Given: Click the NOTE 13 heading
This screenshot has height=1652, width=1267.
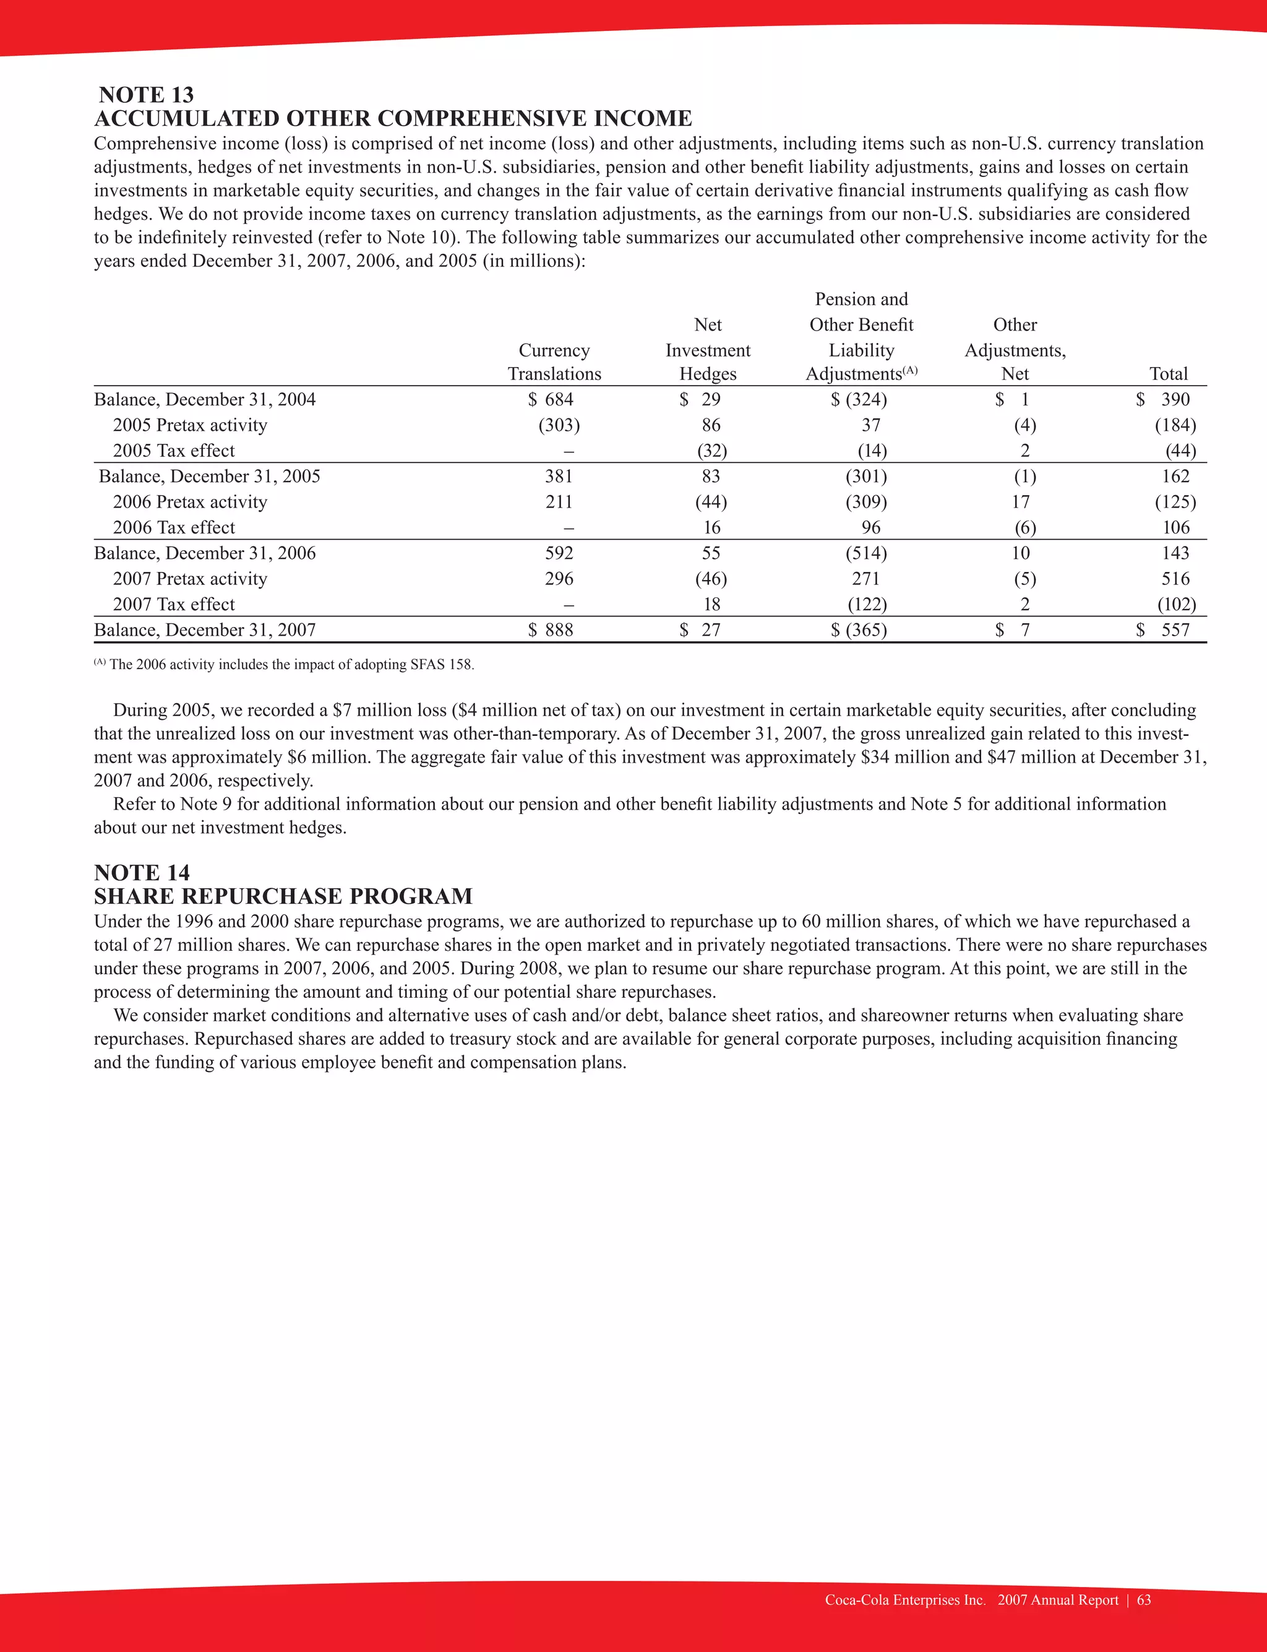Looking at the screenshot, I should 145,95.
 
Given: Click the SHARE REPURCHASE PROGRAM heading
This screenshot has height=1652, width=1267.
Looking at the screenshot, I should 283,896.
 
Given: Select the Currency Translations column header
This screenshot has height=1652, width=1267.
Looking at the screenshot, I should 554,362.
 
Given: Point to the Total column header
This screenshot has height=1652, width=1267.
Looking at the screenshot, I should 1168,374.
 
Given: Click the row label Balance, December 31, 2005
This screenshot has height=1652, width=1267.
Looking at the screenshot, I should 210,477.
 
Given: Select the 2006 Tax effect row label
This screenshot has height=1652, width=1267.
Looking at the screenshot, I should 174,528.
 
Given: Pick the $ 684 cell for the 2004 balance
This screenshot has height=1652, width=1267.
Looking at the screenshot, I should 551,400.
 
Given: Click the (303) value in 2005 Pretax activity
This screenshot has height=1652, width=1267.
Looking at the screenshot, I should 559,425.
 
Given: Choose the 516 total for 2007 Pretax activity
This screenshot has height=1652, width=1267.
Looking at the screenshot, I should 1175,579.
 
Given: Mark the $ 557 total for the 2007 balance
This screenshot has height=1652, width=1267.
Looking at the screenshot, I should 1163,631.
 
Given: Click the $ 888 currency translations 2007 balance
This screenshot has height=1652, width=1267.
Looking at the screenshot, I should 551,631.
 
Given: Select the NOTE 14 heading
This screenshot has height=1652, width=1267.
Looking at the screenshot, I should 142,873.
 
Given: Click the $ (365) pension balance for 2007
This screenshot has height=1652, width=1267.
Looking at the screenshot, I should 859,631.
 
